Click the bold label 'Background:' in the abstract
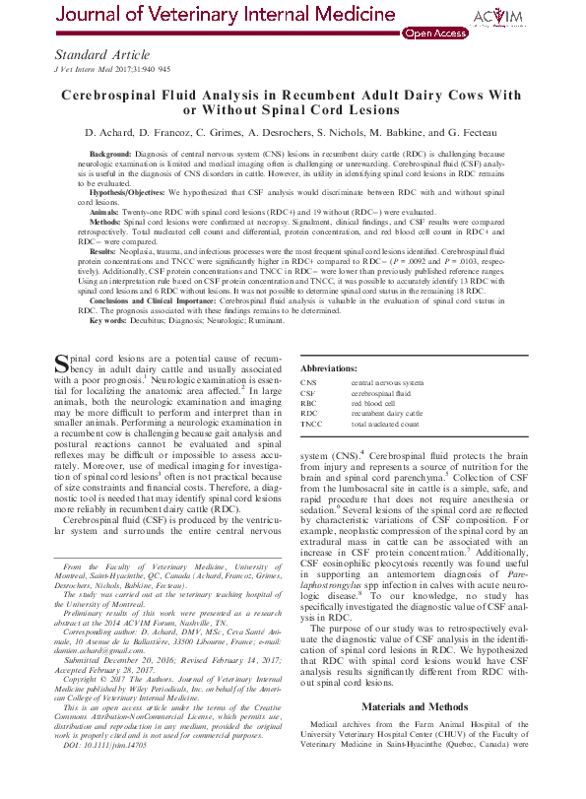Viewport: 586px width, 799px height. click(115, 156)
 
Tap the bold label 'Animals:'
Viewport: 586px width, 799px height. click(104, 211)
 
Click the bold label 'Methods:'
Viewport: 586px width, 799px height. click(106, 223)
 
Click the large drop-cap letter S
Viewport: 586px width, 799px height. click(63, 357)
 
